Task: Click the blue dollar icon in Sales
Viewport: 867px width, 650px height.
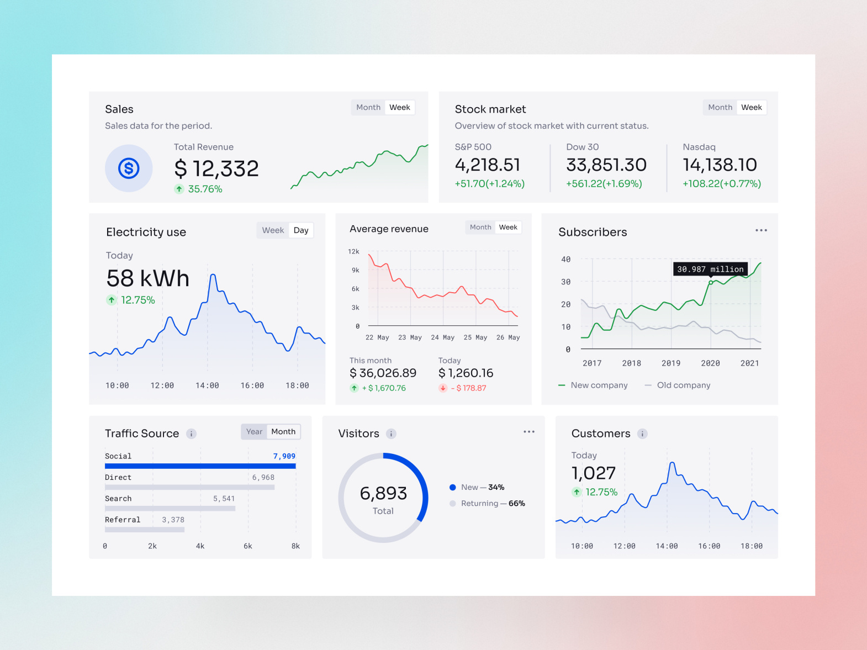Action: click(x=129, y=168)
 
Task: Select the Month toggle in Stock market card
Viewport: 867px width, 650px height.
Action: click(x=720, y=107)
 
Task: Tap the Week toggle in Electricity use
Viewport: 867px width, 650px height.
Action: click(x=273, y=230)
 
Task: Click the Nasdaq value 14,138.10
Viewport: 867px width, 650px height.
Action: click(x=720, y=165)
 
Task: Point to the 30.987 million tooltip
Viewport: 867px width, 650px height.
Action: click(x=710, y=269)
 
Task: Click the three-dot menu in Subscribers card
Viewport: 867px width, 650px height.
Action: click(x=761, y=230)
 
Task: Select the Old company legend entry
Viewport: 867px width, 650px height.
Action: click(x=683, y=385)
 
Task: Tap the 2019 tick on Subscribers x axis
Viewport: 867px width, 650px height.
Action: click(x=671, y=363)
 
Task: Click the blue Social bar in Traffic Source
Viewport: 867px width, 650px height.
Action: click(x=200, y=466)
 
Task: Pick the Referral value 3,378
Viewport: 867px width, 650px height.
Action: click(x=173, y=520)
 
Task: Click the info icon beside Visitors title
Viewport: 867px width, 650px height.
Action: click(x=391, y=434)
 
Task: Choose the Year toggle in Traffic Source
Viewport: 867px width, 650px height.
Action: click(x=254, y=431)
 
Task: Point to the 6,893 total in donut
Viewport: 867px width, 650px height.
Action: click(x=383, y=493)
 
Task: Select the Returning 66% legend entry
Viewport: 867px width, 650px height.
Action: click(x=493, y=503)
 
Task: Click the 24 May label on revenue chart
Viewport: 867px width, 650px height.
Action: click(x=442, y=337)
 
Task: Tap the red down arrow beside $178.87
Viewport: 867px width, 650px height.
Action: click(x=443, y=388)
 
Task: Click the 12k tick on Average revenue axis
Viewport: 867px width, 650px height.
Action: click(x=353, y=251)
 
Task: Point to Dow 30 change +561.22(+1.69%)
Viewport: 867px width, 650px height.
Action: click(x=604, y=183)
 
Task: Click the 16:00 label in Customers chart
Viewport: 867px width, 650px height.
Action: click(x=709, y=546)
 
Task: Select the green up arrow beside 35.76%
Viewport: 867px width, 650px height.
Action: click(x=179, y=189)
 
